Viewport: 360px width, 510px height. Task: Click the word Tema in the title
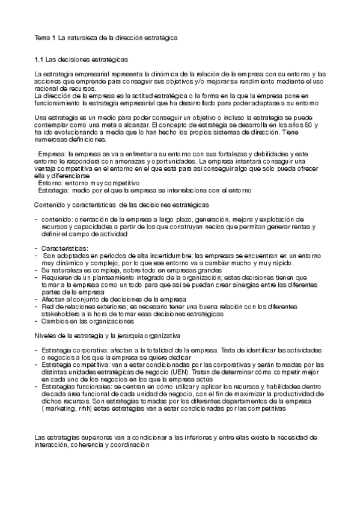[x=41, y=37]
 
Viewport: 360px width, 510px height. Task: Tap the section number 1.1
[x=40, y=61]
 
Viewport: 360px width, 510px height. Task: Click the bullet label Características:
[x=64, y=248]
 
